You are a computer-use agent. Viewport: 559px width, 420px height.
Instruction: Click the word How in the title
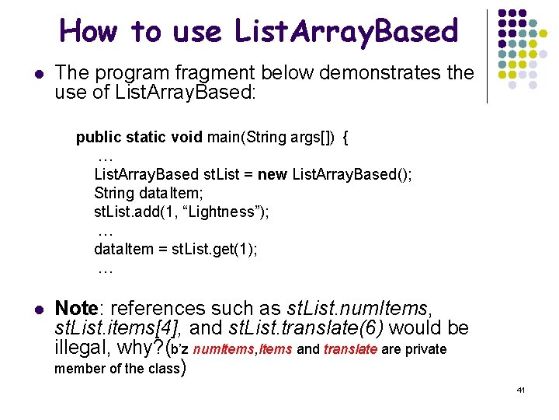89,31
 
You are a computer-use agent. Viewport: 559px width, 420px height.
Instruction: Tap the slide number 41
520,389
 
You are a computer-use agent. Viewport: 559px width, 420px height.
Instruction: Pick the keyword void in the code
187,138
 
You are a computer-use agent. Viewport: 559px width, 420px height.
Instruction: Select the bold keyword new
272,174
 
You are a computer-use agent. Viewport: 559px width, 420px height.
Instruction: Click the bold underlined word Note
75,309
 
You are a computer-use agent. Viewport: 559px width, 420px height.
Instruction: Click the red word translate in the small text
350,349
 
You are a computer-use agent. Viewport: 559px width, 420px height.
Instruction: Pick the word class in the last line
161,369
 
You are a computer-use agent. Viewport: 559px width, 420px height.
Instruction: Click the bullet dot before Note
39,309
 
